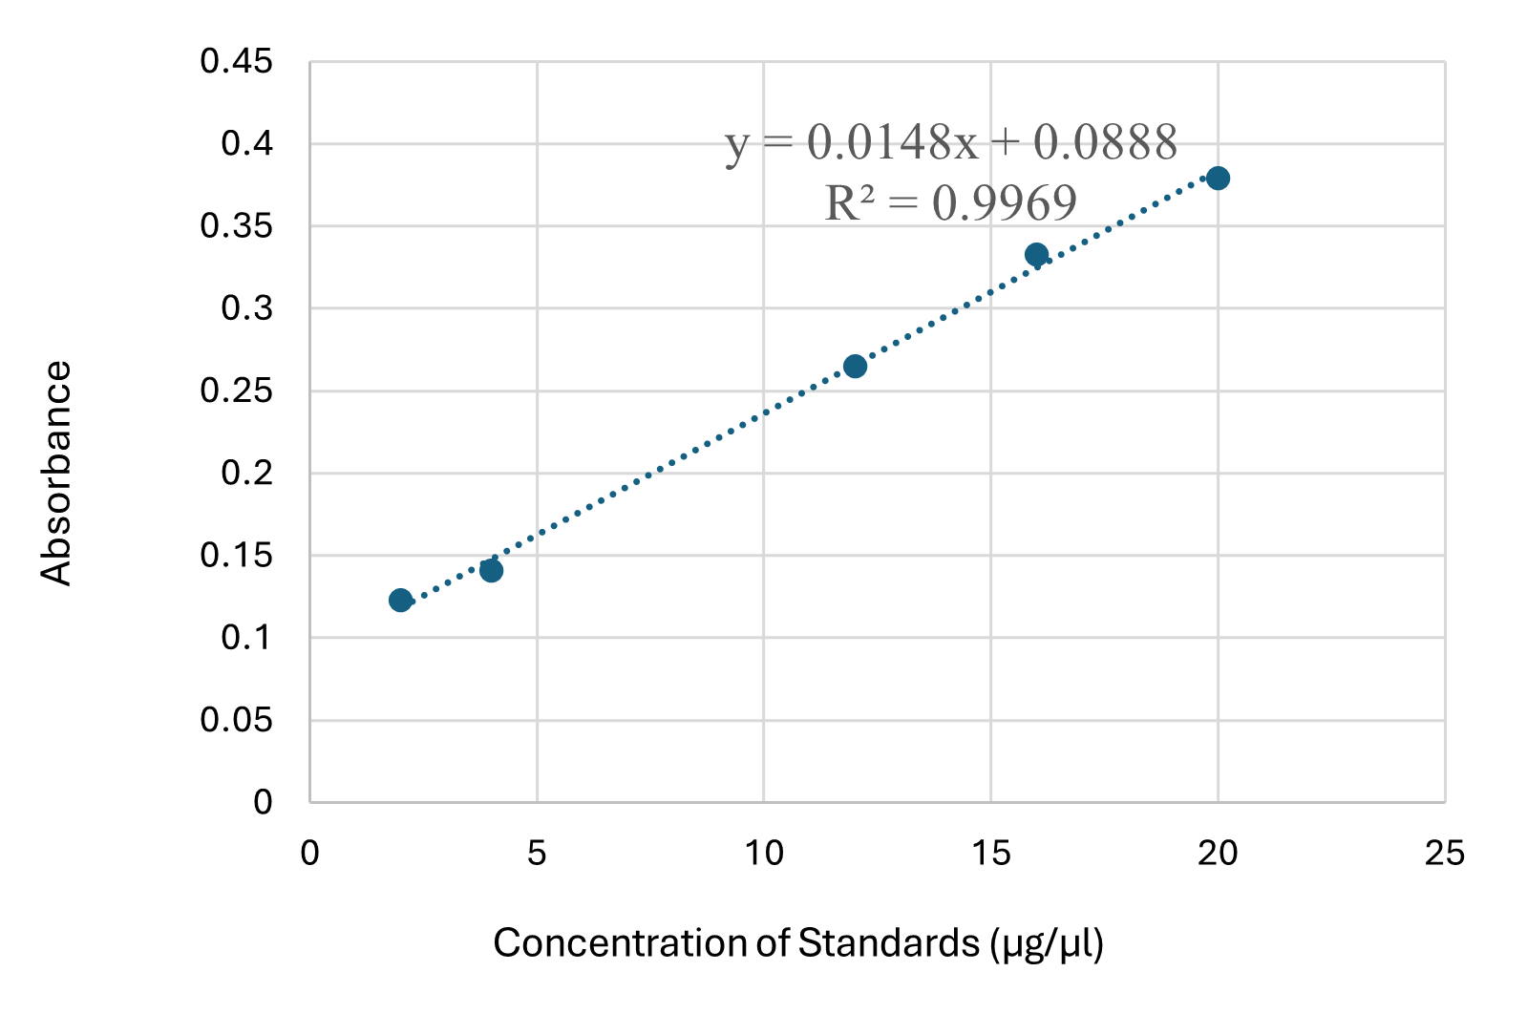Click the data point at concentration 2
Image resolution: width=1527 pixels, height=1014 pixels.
click(400, 600)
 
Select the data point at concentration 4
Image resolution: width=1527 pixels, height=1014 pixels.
click(491, 570)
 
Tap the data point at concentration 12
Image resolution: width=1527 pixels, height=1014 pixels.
click(855, 366)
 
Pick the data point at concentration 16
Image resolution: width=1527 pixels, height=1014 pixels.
click(1036, 254)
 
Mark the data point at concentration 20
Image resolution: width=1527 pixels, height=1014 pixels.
click(1218, 178)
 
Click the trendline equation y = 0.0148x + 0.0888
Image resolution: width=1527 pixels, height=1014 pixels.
click(951, 142)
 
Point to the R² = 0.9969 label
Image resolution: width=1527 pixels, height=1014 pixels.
click(951, 202)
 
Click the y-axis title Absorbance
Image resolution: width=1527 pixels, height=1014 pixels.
click(56, 473)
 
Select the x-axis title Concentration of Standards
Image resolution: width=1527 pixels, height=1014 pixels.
click(798, 943)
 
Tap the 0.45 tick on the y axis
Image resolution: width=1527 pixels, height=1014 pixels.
click(236, 62)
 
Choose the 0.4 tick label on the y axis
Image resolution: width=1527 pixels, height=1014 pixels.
click(246, 144)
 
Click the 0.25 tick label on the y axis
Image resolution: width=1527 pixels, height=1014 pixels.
click(236, 391)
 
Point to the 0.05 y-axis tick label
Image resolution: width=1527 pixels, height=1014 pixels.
click(236, 720)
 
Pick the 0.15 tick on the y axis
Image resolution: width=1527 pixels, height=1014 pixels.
click(236, 555)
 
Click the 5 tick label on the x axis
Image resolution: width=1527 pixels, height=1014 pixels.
click(537, 853)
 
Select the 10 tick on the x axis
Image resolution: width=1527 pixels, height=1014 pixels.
click(764, 853)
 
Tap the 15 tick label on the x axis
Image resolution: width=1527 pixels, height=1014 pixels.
click(991, 853)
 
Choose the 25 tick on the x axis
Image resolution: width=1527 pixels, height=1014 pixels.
click(1444, 853)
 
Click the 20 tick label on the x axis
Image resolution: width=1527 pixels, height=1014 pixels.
click(1218, 853)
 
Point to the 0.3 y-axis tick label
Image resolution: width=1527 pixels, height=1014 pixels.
click(246, 308)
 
